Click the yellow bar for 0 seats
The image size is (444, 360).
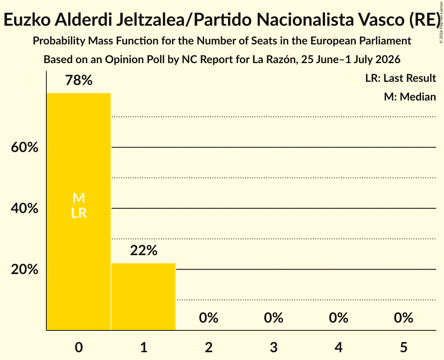click(79, 212)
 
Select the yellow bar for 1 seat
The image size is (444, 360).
click(143, 296)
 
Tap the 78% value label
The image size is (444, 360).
click(79, 80)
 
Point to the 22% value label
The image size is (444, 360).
click(143, 251)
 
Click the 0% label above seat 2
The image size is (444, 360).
click(209, 318)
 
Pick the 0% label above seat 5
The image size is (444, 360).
click(403, 318)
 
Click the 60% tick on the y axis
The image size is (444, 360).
click(25, 147)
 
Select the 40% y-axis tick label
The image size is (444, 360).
click(25, 208)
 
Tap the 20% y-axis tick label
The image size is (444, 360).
click(25, 270)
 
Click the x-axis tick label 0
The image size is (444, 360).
click(79, 347)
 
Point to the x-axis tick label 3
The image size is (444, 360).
click(274, 347)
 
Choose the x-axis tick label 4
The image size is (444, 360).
click(339, 347)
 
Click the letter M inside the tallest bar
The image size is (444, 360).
click(79, 198)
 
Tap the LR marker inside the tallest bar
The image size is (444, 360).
click(79, 213)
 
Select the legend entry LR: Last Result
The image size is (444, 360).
click(400, 78)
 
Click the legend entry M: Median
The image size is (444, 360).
click(410, 97)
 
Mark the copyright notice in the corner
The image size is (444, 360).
click(441, 23)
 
